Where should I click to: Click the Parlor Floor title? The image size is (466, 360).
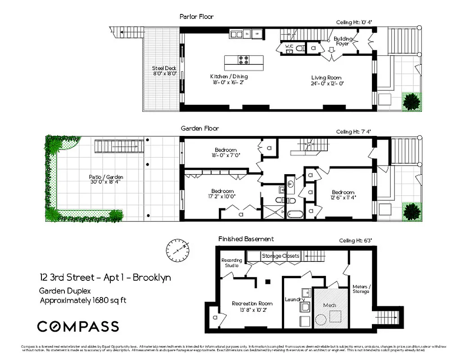tap(196, 17)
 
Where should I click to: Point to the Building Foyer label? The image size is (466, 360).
tap(343, 41)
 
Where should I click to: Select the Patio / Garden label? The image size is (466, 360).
tap(106, 177)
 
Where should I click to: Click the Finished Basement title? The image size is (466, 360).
tap(246, 239)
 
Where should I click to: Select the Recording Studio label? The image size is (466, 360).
tap(232, 263)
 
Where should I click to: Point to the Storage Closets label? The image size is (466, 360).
tap(281, 256)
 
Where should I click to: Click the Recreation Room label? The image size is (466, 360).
tap(252, 303)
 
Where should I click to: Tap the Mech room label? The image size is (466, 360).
tap(330, 305)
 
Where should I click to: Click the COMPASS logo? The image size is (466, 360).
tap(78, 326)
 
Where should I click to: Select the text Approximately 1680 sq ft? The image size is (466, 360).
tap(83, 301)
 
